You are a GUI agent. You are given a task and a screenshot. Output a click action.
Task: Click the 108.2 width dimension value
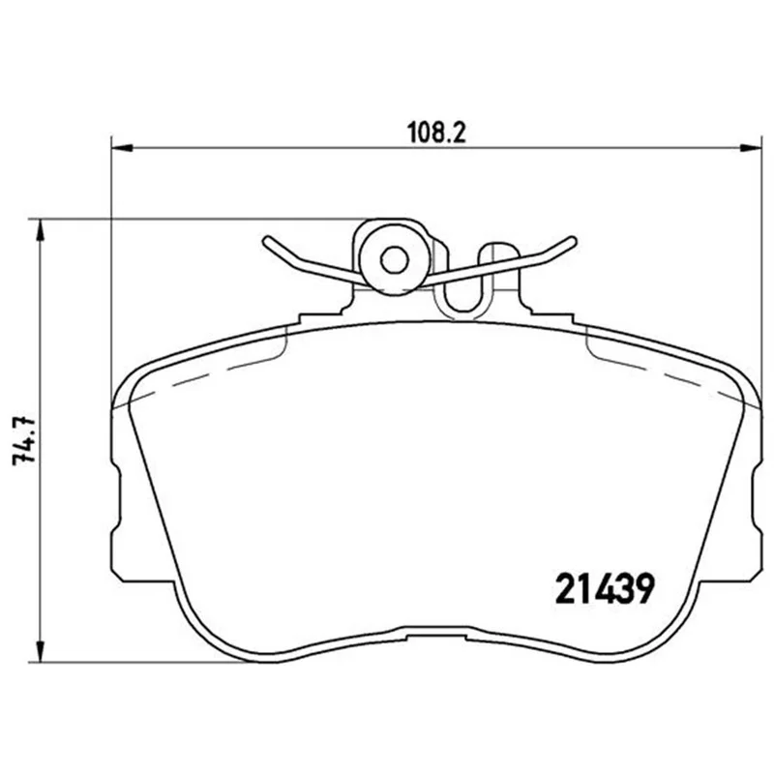coord(436,133)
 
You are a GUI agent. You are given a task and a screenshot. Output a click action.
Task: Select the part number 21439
coord(605,589)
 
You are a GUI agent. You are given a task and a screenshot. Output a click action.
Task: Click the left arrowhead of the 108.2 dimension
coord(122,148)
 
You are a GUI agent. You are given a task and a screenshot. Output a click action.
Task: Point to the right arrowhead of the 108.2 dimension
coord(751,148)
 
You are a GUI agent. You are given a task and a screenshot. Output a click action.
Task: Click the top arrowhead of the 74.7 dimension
coord(41,230)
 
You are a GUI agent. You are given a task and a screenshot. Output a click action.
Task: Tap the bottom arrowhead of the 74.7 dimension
coord(41,651)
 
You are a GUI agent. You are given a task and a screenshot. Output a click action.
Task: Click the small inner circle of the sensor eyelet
coord(395,259)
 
